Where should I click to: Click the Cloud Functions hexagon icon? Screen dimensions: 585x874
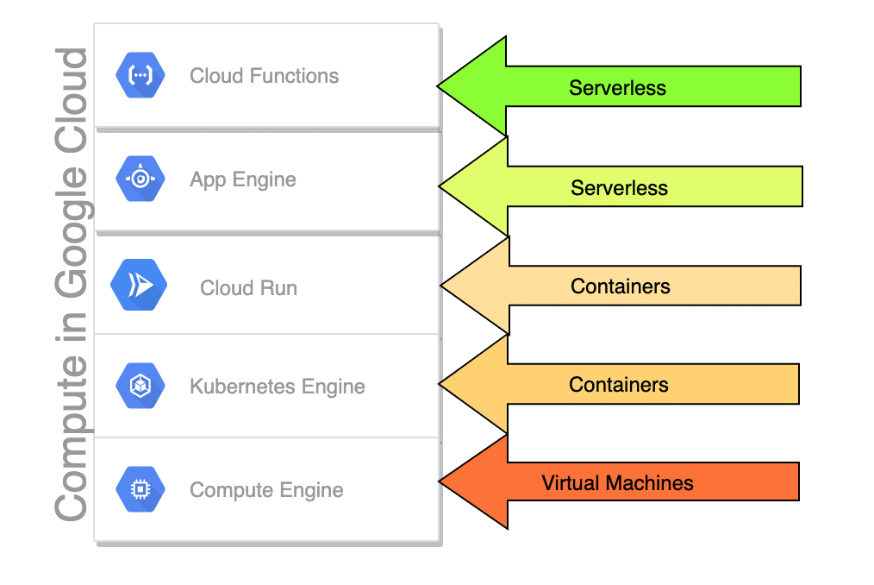click(x=140, y=76)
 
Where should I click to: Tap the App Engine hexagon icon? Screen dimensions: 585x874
click(x=140, y=179)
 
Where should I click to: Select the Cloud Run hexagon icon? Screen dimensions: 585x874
click(x=138, y=284)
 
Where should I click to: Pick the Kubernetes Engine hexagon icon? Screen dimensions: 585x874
click(x=140, y=387)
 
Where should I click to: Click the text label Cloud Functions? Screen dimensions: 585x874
click(x=264, y=76)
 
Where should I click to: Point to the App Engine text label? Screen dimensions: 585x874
click(x=242, y=180)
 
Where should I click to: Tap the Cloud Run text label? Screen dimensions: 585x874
click(x=248, y=288)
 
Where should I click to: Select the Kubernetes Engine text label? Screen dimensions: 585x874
click(x=277, y=387)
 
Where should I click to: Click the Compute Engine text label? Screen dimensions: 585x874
click(x=266, y=490)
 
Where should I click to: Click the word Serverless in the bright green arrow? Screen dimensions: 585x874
click(x=617, y=88)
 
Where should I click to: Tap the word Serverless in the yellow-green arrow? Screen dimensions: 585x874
click(x=619, y=188)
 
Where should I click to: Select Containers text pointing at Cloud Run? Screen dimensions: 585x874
click(x=620, y=286)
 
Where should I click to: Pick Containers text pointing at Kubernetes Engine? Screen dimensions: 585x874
click(x=618, y=385)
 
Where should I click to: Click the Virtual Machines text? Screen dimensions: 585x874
click(x=617, y=483)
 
